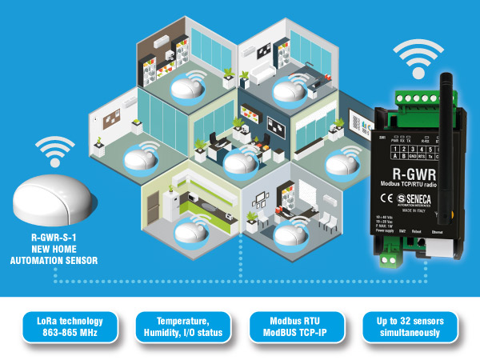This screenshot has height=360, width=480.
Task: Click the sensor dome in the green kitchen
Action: tap(189, 232)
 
